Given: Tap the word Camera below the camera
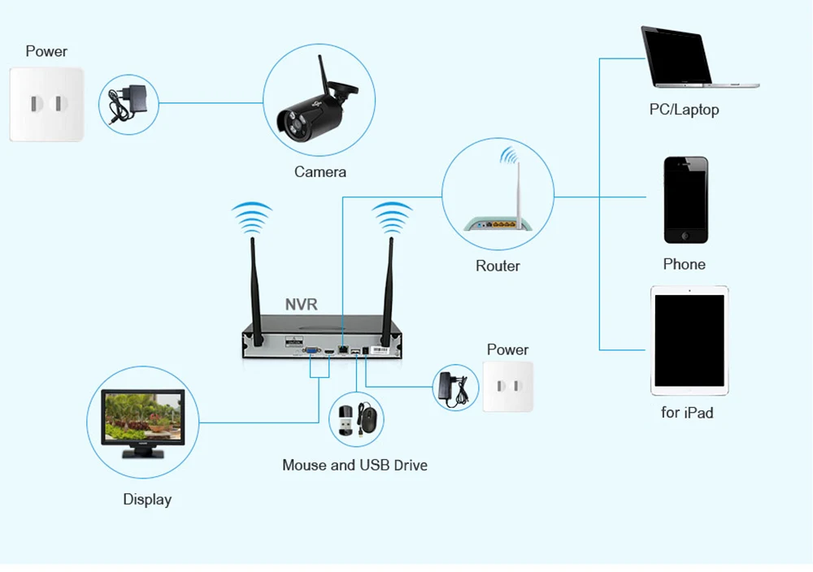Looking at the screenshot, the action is (x=320, y=172).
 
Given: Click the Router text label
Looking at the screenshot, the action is (x=498, y=266).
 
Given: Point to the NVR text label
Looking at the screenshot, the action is (x=302, y=304).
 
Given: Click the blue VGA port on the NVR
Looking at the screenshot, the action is (x=311, y=351).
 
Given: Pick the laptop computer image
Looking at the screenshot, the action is (x=700, y=57).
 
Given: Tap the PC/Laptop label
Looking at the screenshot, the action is (x=684, y=110).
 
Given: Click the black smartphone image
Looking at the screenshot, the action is (x=685, y=200).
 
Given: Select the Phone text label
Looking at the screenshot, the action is (x=684, y=264).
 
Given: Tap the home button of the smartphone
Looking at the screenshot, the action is (x=685, y=236).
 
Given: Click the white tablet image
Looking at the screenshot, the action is (x=689, y=340).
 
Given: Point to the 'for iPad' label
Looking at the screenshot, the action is (x=687, y=413).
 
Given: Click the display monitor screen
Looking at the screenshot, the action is (x=142, y=416).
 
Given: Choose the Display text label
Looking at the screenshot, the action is (x=147, y=500).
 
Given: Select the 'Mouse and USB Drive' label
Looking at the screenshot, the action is (x=354, y=466).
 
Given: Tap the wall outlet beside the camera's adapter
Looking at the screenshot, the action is (x=46, y=104).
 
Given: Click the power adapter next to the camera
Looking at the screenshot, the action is (x=128, y=104).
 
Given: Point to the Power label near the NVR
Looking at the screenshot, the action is (x=507, y=349).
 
